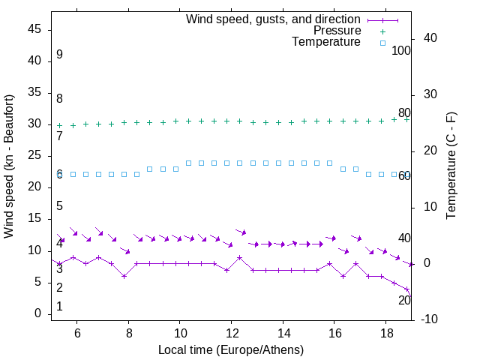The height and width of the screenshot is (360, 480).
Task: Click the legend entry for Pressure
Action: coord(337,31)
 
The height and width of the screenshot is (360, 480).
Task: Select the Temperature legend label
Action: coord(325,42)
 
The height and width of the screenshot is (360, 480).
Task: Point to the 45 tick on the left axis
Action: coord(34,29)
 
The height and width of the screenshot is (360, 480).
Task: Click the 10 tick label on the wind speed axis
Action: coord(34,250)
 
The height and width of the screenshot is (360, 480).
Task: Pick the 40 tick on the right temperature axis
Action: coord(431,38)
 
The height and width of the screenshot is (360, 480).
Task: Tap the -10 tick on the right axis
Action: coord(431,320)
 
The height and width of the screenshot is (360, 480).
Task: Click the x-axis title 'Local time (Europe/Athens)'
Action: coord(231,349)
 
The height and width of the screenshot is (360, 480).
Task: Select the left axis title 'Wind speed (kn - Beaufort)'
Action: coord(10,166)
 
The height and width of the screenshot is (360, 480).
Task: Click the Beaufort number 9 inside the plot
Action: coord(59,55)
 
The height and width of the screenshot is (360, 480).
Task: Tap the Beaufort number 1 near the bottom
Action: coord(59,307)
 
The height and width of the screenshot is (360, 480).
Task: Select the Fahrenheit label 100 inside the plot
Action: coord(401,51)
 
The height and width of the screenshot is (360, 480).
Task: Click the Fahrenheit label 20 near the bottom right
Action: coord(404,300)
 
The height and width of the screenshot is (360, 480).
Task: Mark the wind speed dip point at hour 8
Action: coord(124,276)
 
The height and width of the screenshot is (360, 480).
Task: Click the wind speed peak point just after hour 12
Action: coord(240,257)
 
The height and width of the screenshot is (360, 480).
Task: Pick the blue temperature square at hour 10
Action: coord(188,163)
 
